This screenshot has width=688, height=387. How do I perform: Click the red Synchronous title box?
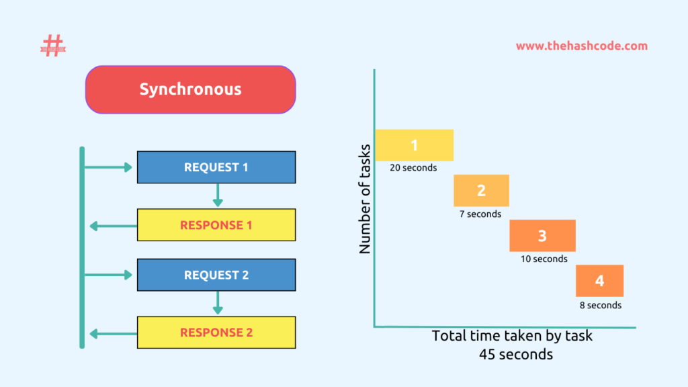pyautogui.click(x=190, y=89)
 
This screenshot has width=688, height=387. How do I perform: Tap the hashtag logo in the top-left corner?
pyautogui.click(x=52, y=46)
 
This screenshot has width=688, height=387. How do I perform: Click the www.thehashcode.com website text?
pyautogui.click(x=581, y=46)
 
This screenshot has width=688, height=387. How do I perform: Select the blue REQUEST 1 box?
pyautogui.click(x=216, y=167)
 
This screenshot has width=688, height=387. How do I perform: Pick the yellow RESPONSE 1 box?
pyautogui.click(x=216, y=225)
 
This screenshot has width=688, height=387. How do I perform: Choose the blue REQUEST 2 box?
pyautogui.click(x=216, y=275)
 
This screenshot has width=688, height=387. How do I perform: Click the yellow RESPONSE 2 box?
pyautogui.click(x=216, y=333)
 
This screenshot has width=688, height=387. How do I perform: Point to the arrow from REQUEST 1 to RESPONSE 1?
pyautogui.click(x=217, y=196)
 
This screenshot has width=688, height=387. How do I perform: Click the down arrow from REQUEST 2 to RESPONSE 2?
pyautogui.click(x=217, y=303)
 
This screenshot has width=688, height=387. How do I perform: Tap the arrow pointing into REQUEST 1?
pyautogui.click(x=109, y=167)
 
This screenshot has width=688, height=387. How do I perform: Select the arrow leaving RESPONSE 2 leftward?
pyautogui.click(x=112, y=333)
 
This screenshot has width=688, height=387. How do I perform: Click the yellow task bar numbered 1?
pyautogui.click(x=414, y=145)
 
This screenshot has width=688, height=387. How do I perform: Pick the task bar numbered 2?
pyautogui.click(x=481, y=191)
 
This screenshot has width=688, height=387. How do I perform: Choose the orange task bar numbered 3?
pyautogui.click(x=542, y=236)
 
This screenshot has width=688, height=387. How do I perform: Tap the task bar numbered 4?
pyautogui.click(x=599, y=281)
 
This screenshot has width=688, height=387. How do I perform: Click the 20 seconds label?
pyautogui.click(x=413, y=168)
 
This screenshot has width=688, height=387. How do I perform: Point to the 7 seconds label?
pyautogui.click(x=480, y=214)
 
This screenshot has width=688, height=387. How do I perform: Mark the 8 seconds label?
pyautogui.click(x=601, y=305)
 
